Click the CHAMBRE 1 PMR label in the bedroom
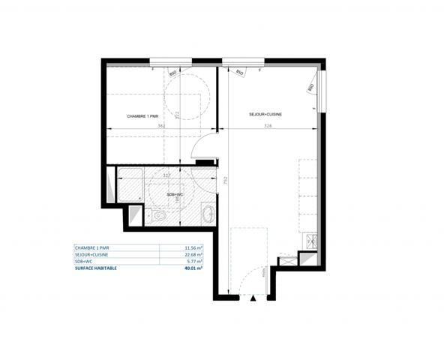142,116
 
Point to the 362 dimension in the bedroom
161,126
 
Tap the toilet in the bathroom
158,216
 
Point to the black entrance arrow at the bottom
253,298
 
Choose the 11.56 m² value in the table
194,247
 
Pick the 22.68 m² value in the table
194,254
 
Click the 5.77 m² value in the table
196,260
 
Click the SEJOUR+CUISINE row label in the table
93,254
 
